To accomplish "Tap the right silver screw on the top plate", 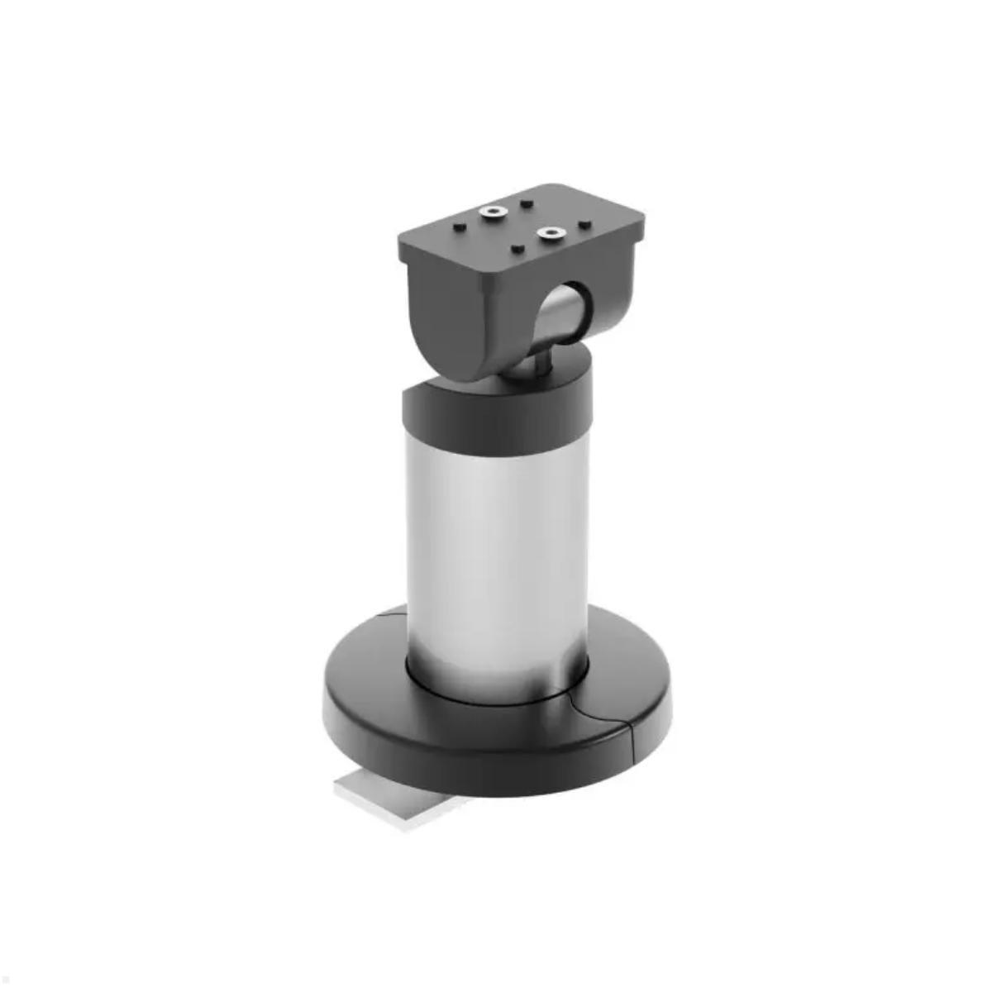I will pyautogui.click(x=549, y=234).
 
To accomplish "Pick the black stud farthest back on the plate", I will pyautogui.click(x=526, y=202).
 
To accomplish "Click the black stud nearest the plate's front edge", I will pyautogui.click(x=517, y=249).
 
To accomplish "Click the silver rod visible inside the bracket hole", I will pyautogui.click(x=556, y=318).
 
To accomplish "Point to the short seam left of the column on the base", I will pyautogui.click(x=393, y=613).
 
